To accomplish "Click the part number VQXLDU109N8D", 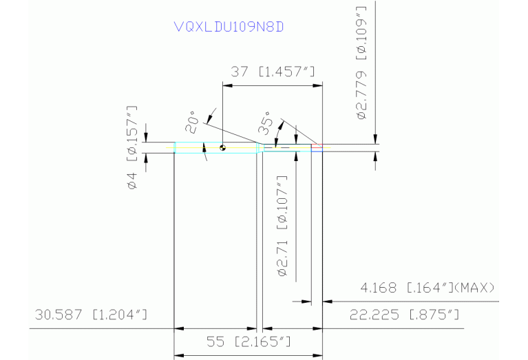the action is (x=229, y=27).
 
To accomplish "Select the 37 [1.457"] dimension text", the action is (x=273, y=72).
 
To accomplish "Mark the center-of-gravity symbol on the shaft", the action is (x=222, y=147).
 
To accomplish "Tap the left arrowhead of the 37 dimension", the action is (x=227, y=85).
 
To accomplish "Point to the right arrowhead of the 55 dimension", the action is (x=317, y=355).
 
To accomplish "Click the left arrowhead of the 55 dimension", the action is (x=178, y=355).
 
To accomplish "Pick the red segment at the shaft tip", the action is (x=317, y=146).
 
